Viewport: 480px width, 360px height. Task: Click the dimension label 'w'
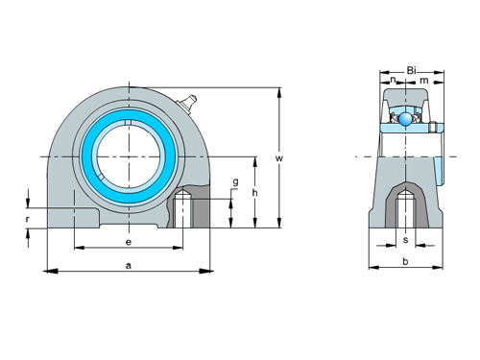[x=278, y=158]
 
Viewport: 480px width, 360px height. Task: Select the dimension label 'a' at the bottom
[x=128, y=264]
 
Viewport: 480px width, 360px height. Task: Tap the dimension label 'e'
[x=128, y=241]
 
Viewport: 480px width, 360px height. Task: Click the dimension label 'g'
[x=234, y=181]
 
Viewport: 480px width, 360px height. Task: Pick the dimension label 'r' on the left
[x=27, y=219]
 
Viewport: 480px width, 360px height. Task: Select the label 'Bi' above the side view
[x=411, y=70]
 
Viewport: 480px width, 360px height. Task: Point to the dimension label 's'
[x=405, y=239]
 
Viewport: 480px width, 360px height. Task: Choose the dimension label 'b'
[x=405, y=260]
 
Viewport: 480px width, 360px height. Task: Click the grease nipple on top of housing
[x=188, y=99]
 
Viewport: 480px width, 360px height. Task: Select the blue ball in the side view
[x=406, y=119]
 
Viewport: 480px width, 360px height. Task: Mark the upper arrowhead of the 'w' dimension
[x=278, y=93]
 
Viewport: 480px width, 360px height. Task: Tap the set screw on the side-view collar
[x=434, y=127]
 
